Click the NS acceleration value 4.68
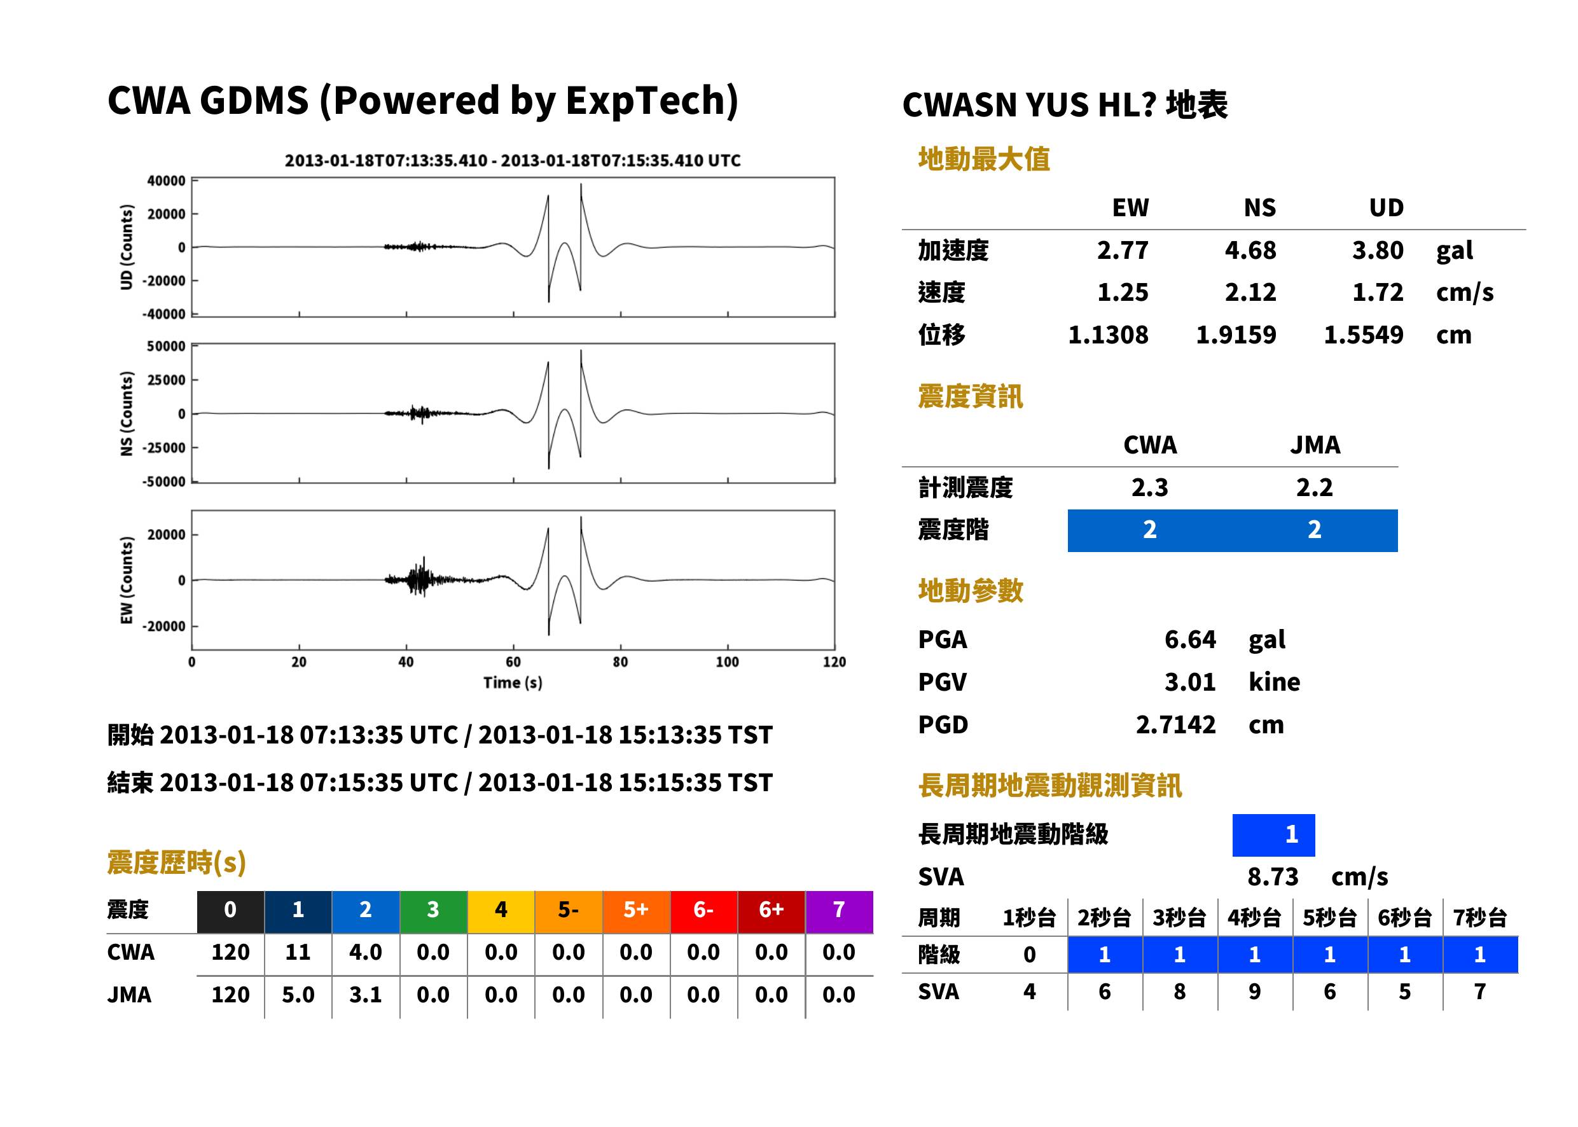pos(1250,251)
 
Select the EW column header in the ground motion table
pos(1130,207)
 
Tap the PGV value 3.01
pos(1190,682)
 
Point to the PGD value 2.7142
pos(1175,724)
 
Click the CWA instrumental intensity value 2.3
pos(1150,488)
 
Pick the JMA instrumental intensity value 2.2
pos(1314,488)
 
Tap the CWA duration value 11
pos(298,952)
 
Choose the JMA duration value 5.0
pos(298,995)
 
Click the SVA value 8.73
pos(1273,876)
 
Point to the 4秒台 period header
pos(1254,917)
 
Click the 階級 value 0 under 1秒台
pos(1030,955)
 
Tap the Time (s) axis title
pos(513,683)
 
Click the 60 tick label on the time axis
pos(513,662)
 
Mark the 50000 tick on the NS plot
pos(166,346)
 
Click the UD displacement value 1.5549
pos(1364,335)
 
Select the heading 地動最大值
pos(984,159)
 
